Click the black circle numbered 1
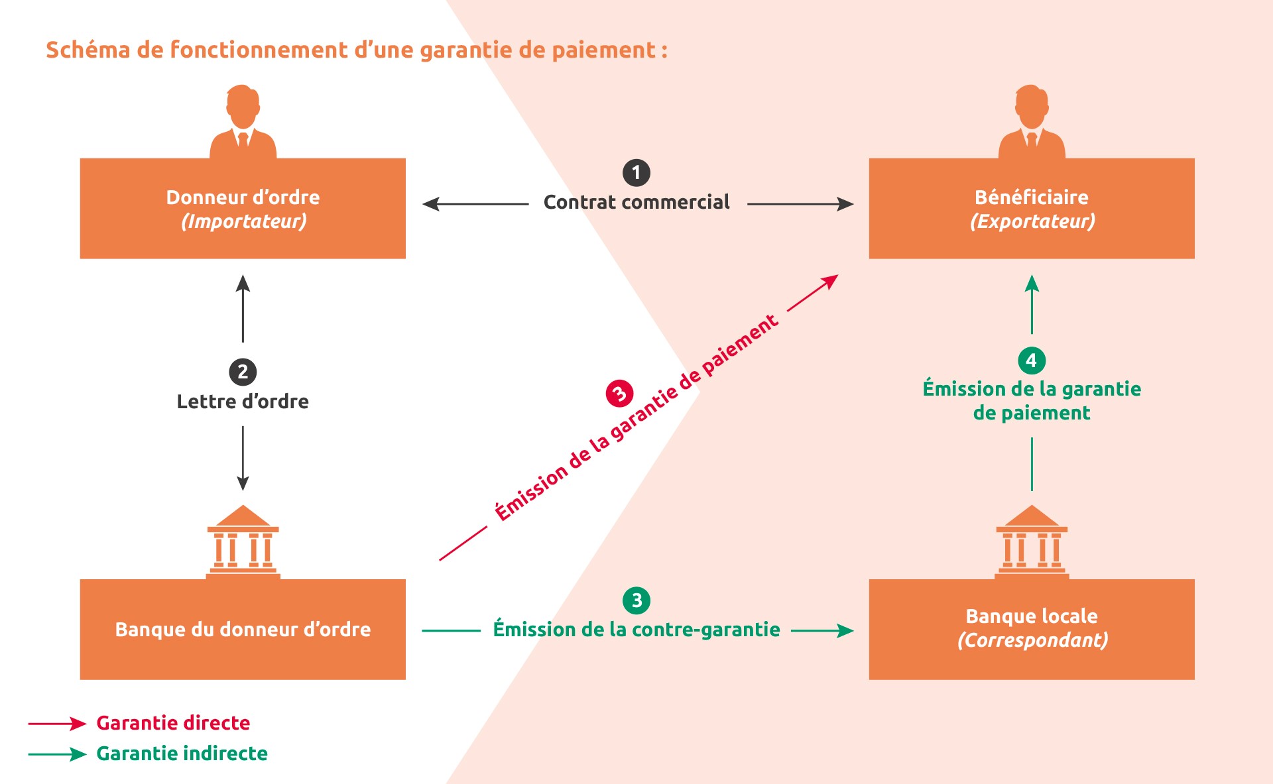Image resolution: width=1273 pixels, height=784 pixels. [x=636, y=173]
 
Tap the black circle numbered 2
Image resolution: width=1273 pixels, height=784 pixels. [x=243, y=372]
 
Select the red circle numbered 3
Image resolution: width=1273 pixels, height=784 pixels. [x=619, y=394]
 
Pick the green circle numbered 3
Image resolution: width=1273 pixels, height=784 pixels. [x=636, y=600]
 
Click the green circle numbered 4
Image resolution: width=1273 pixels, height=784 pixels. [x=1031, y=361]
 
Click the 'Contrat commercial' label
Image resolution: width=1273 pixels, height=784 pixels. [x=636, y=202]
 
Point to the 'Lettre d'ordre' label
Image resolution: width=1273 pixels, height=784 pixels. [x=243, y=402]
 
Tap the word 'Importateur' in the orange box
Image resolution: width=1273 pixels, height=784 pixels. [x=244, y=221]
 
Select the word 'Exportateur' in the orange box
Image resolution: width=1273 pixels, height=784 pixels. [x=1032, y=221]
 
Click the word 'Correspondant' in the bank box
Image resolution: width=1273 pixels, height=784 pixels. [x=1032, y=640]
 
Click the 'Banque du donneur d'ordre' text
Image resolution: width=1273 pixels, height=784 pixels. [x=243, y=630]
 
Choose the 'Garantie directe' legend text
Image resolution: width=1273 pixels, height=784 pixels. [x=173, y=723]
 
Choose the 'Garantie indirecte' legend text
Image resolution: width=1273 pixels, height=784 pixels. [x=182, y=754]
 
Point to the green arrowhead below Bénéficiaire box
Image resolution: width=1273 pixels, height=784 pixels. [x=1032, y=284]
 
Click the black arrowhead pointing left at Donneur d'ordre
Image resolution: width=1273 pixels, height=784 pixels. [x=431, y=204]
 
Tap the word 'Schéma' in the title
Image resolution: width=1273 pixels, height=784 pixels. [x=88, y=50]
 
